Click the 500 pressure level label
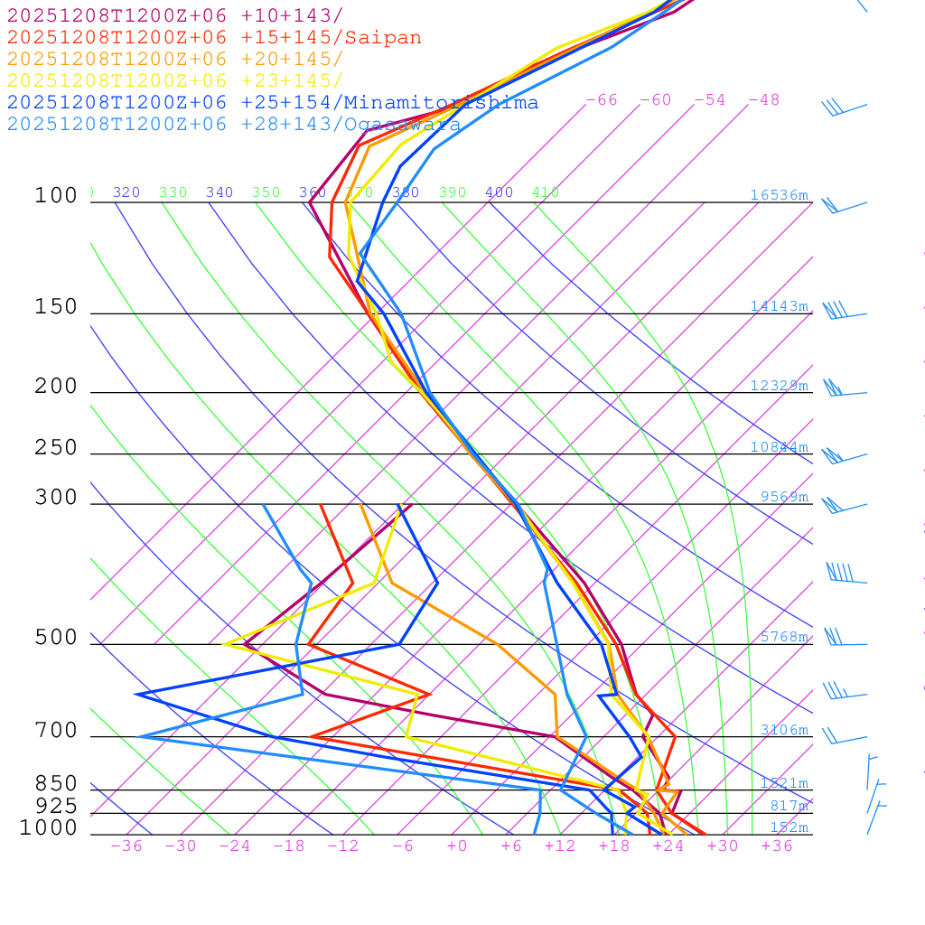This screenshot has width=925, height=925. (x=56, y=638)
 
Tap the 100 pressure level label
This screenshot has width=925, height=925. (x=56, y=196)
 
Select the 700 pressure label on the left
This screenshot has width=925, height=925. (x=56, y=731)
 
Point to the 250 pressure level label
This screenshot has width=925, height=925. (x=56, y=448)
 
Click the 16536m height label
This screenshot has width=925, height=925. (x=779, y=195)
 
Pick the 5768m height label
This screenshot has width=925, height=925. (x=783, y=637)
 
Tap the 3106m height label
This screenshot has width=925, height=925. (x=783, y=730)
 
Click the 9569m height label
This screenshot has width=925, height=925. (x=783, y=497)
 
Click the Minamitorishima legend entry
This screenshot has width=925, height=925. (x=440, y=103)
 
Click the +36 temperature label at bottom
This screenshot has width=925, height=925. (x=777, y=846)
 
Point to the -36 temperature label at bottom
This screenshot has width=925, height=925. (x=126, y=846)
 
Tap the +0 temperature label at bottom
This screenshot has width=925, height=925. (x=457, y=846)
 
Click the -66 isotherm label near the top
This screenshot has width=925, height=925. (x=602, y=100)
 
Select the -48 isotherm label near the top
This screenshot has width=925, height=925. (x=764, y=100)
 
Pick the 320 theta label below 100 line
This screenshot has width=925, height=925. (x=126, y=192)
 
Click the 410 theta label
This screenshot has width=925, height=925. (x=546, y=192)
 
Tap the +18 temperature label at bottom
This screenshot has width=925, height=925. (x=614, y=846)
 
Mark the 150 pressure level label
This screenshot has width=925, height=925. (x=56, y=307)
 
